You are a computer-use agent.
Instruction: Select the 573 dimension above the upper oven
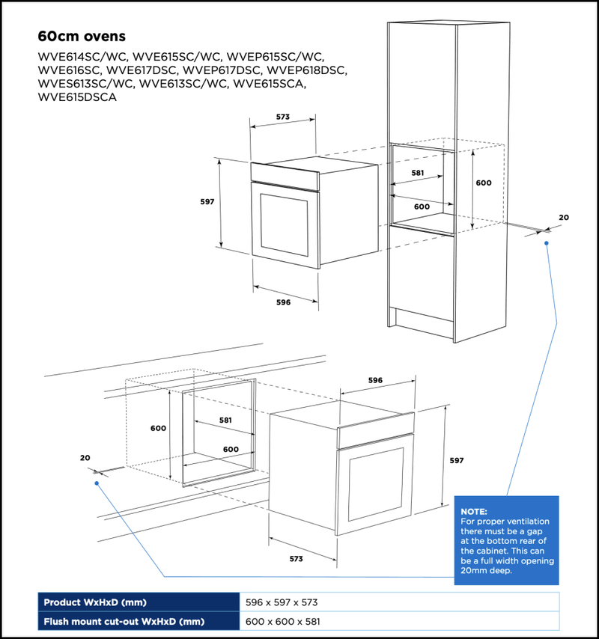click(282, 117)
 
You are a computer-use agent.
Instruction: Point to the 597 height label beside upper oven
click(207, 202)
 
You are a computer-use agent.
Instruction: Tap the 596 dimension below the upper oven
click(283, 302)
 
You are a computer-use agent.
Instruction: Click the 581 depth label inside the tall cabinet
click(417, 173)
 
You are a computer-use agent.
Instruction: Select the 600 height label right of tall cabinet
click(484, 183)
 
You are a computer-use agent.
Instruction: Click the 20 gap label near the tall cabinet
click(564, 217)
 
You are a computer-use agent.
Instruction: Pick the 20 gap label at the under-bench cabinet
click(85, 457)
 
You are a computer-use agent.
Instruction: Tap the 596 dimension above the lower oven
click(375, 380)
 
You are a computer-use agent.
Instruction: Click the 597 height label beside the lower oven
click(456, 461)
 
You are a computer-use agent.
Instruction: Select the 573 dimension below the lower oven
click(296, 558)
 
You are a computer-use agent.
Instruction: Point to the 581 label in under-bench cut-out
click(225, 420)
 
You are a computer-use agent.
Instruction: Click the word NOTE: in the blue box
click(473, 511)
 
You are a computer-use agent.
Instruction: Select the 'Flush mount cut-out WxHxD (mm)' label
click(124, 621)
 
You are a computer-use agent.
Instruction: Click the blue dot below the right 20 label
click(547, 242)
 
